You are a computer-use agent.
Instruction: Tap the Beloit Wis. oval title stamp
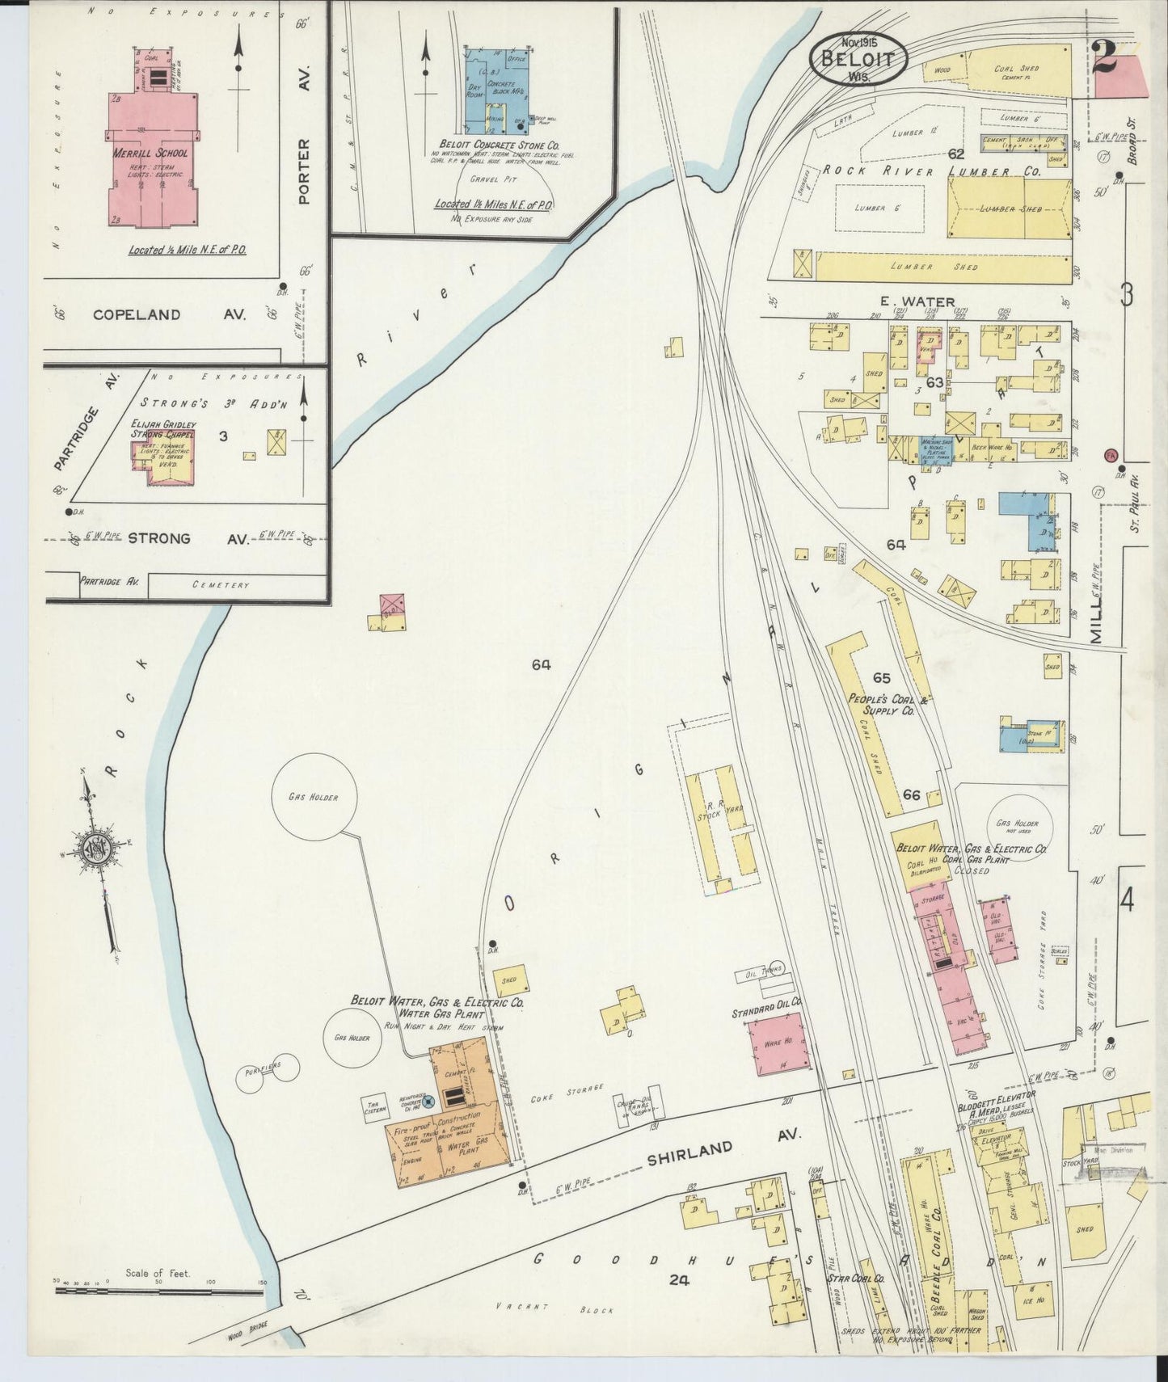click(858, 57)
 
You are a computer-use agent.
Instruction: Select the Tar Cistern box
click(373, 1107)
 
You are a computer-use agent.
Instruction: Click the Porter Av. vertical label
click(304, 171)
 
